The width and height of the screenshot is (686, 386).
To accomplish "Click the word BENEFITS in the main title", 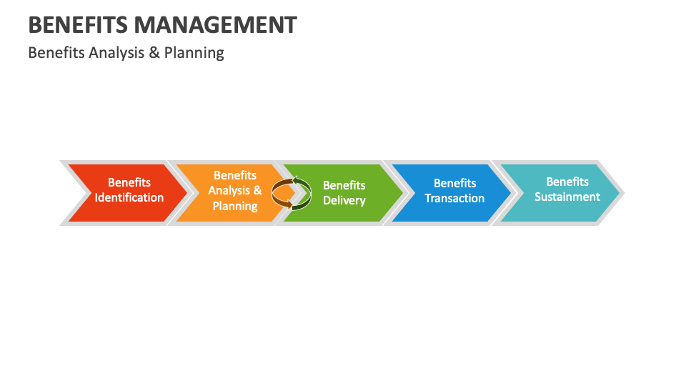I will click(x=78, y=25).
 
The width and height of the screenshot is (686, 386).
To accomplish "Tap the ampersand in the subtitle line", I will click(x=154, y=53).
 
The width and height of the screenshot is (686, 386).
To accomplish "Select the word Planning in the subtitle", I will click(x=194, y=53).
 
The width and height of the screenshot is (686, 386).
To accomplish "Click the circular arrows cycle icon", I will click(x=292, y=193).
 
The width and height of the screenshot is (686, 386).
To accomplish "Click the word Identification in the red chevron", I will click(x=129, y=198).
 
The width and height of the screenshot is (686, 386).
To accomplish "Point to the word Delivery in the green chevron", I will click(x=344, y=201).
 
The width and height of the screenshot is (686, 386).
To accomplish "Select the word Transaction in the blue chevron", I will click(x=454, y=199).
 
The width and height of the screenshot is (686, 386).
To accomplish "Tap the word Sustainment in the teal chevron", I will click(x=567, y=197).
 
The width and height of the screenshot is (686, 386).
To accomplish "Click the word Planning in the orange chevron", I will click(x=235, y=206).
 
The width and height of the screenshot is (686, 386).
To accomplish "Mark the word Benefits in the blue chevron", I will click(x=454, y=184).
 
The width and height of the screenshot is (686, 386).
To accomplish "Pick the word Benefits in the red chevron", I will click(x=129, y=183).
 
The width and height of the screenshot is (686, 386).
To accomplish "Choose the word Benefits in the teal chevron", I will click(x=567, y=182).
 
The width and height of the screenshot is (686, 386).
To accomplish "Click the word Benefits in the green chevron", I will click(x=344, y=186).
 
